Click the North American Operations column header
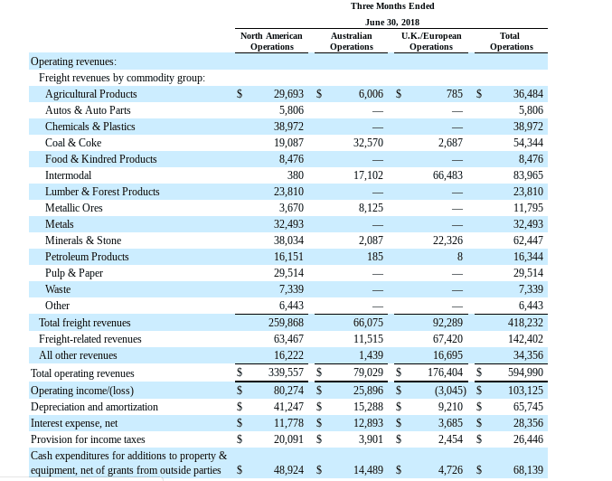coord(271,41)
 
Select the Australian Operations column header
coord(352,41)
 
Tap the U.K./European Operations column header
coord(431,41)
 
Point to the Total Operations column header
coord(512,41)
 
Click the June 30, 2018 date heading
coord(391,23)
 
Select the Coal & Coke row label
coord(73,143)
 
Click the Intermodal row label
coord(68,174)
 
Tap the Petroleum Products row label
coord(87,257)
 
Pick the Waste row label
coord(58,289)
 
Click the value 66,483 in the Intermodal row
coord(447,175)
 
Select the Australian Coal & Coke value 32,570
coord(368,143)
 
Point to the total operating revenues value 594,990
coord(525,373)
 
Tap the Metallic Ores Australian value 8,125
coord(371,208)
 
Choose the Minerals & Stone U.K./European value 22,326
coord(447,240)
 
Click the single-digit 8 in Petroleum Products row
coord(460,257)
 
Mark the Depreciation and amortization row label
coord(94,407)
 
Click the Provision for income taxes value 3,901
coord(371,439)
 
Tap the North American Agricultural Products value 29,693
coord(288,94)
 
